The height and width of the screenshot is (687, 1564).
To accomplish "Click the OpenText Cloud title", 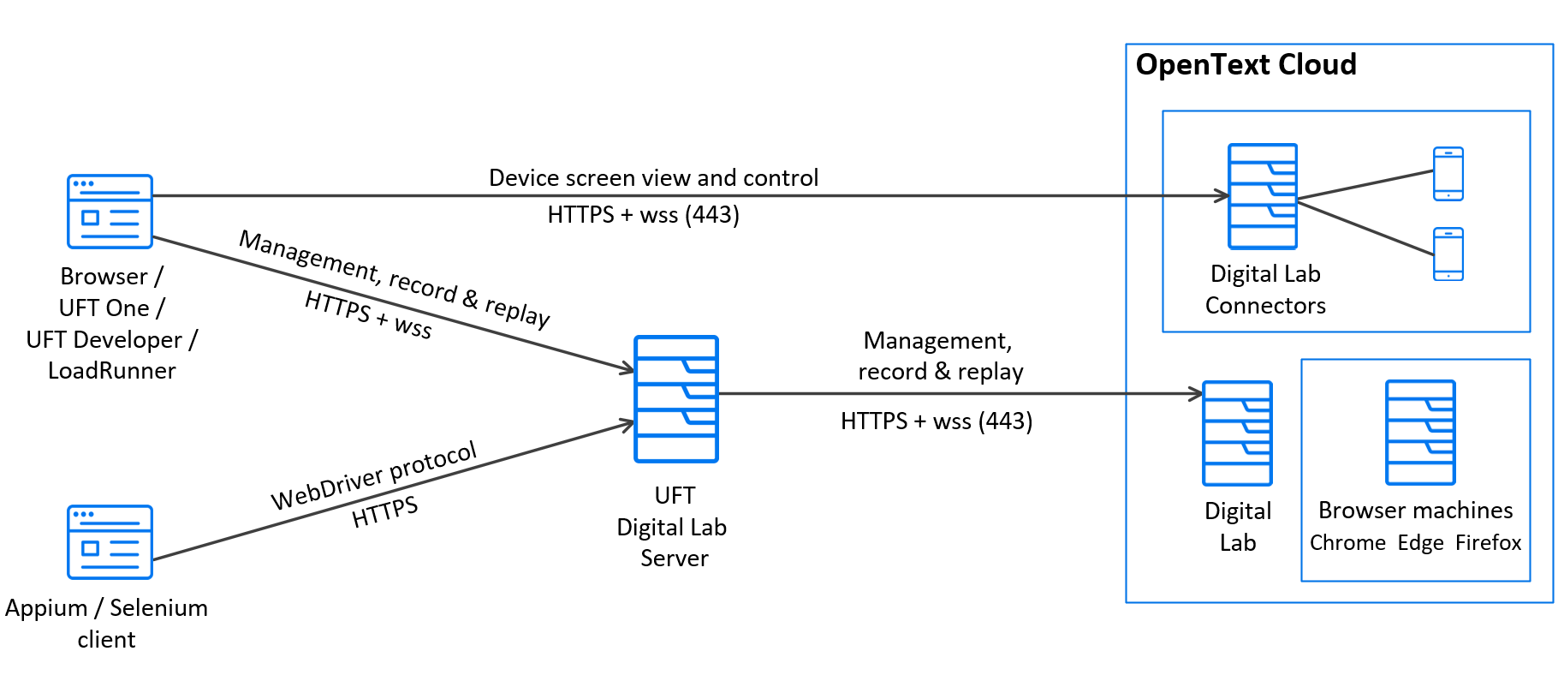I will pyautogui.click(x=1246, y=65).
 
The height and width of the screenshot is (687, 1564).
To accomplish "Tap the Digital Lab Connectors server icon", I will pyautogui.click(x=1262, y=196).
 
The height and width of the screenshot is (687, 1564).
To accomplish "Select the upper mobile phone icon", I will pyautogui.click(x=1448, y=174).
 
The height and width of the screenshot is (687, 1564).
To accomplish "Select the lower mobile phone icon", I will pyautogui.click(x=1448, y=254).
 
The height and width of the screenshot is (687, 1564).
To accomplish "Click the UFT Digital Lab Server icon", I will pyautogui.click(x=675, y=399).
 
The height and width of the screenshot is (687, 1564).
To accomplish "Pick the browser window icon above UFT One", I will pyautogui.click(x=110, y=212).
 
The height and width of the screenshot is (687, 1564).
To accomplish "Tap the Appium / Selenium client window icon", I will pyautogui.click(x=110, y=542).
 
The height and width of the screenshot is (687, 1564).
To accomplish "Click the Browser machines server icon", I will pyautogui.click(x=1420, y=433).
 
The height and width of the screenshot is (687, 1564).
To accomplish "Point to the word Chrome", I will pyautogui.click(x=1347, y=543).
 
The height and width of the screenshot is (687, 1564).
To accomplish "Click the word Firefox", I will pyautogui.click(x=1488, y=543).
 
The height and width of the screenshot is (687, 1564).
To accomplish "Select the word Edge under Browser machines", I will pyautogui.click(x=1420, y=543).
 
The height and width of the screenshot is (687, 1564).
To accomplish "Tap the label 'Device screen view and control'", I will pyautogui.click(x=653, y=178).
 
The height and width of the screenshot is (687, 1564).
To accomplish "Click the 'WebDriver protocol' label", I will pyautogui.click(x=374, y=476).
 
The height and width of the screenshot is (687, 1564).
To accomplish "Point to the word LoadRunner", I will pyautogui.click(x=111, y=371).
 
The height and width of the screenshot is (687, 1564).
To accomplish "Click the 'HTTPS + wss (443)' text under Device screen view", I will pyautogui.click(x=643, y=215).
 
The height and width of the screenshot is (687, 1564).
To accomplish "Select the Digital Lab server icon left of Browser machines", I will pyautogui.click(x=1237, y=433).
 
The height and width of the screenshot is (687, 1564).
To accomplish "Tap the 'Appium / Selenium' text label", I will pyautogui.click(x=106, y=608).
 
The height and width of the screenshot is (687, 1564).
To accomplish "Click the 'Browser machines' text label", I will pyautogui.click(x=1415, y=511).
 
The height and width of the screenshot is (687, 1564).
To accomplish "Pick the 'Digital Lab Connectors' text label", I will pyautogui.click(x=1265, y=290).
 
